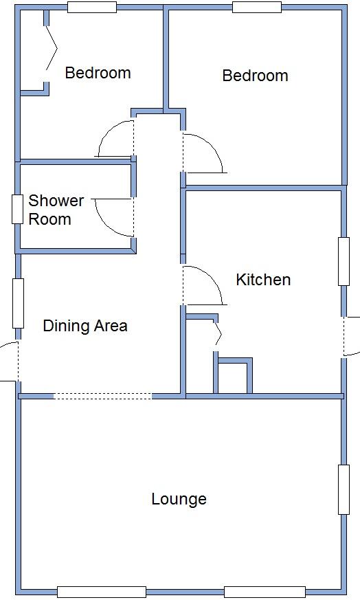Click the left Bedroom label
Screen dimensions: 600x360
(x=98, y=73)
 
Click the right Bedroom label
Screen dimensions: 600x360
(x=255, y=76)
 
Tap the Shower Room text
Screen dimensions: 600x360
(x=55, y=210)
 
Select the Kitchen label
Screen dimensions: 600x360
(x=263, y=280)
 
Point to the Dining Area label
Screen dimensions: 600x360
(x=85, y=326)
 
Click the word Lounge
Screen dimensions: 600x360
(x=179, y=499)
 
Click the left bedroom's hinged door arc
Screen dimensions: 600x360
(x=115, y=139)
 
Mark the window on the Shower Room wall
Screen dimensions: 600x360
(x=17, y=210)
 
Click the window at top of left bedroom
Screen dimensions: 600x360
(x=91, y=8)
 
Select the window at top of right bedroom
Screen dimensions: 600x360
(x=257, y=8)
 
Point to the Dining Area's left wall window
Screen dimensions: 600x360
(x=18, y=303)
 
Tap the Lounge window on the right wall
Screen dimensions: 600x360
(x=344, y=489)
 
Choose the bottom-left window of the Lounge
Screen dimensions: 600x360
(x=102, y=592)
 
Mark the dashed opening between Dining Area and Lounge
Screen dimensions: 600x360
(x=102, y=396)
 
